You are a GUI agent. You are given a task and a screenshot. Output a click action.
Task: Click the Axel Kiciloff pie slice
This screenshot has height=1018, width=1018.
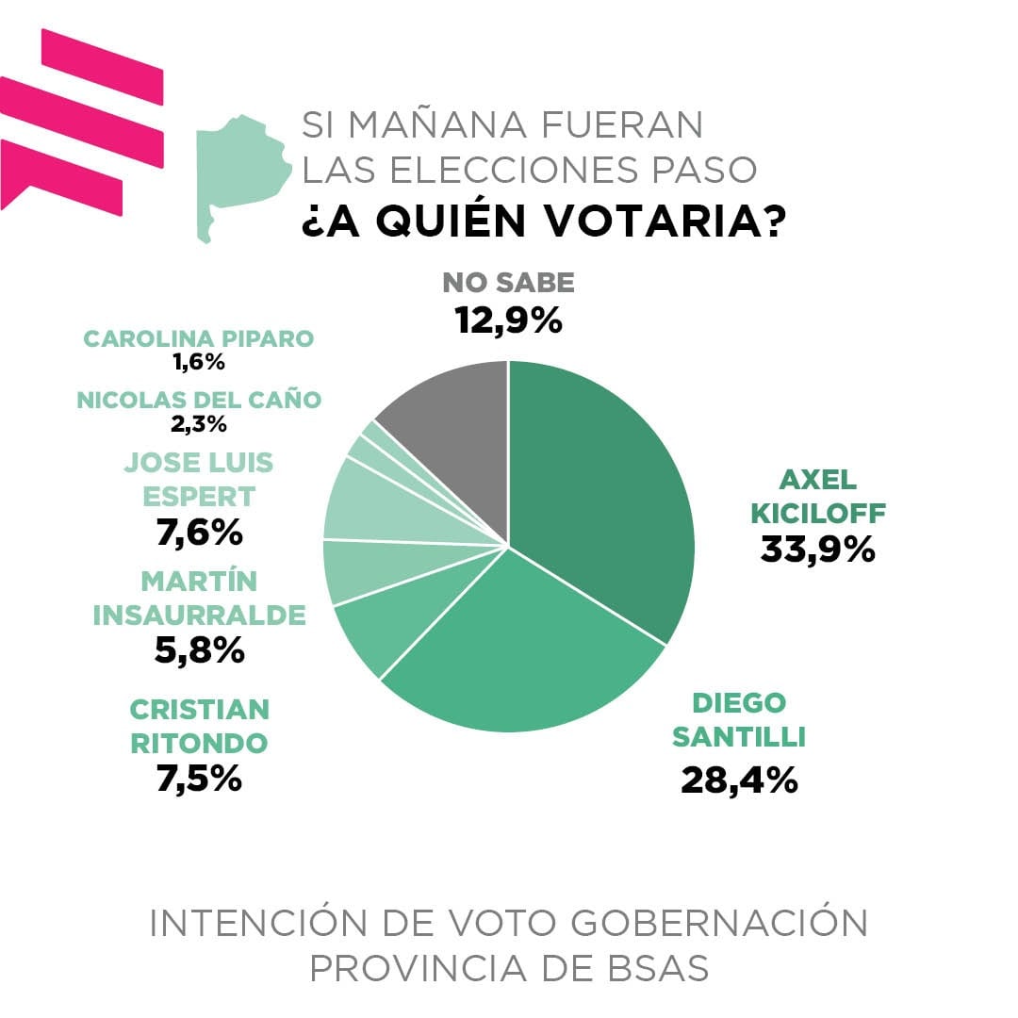pos(603,490)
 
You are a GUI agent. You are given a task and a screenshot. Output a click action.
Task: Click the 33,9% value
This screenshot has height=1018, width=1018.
pos(817,550)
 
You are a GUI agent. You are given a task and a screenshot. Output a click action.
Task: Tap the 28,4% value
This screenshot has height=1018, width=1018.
pos(739,780)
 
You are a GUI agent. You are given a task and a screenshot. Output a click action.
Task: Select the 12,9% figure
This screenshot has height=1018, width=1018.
pos(508,320)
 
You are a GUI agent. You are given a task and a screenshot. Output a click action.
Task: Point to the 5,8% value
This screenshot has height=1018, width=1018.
pos(200,649)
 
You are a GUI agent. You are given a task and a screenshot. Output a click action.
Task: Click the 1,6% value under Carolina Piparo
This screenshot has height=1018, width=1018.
pos(199,361)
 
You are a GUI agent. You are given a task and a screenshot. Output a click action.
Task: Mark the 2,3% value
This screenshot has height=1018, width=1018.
pos(199,423)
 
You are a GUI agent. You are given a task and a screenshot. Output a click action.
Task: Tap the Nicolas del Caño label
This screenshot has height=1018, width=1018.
pos(199,400)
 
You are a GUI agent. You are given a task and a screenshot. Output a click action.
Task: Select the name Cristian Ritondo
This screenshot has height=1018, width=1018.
pos(199,725)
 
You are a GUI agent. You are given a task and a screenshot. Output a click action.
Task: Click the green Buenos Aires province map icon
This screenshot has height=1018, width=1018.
pos(239,170)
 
